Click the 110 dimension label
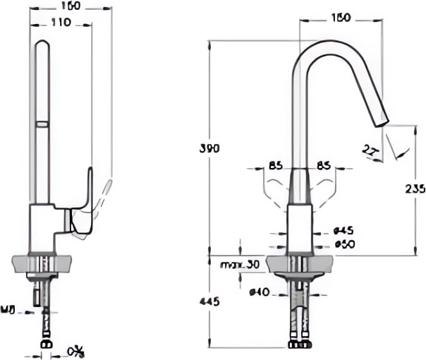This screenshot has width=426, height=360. pos(61,22)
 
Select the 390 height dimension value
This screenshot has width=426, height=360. pos(209,148)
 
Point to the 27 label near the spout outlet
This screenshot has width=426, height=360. pos(370,149)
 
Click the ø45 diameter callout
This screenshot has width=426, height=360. pos(343,230)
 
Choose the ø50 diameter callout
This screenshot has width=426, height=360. pos(343,244)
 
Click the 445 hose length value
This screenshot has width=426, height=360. pos(209,301)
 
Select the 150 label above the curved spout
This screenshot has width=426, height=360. pos(341,16)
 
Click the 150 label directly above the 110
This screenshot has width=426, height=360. pos(71,6)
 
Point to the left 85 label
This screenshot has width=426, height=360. pos(275,167)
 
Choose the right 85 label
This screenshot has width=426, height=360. pos(324,167)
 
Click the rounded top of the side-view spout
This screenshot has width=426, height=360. pos(42,45)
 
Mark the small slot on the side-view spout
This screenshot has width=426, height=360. pos(42,125)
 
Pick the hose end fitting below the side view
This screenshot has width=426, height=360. pos(47,345)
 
